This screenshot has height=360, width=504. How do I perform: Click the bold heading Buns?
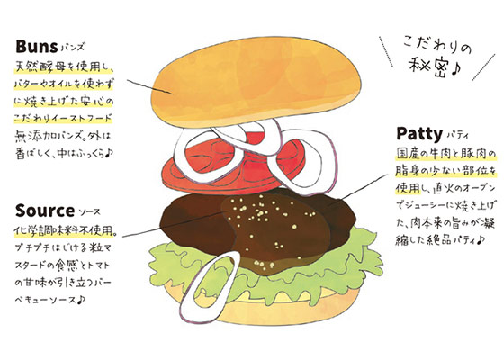37,47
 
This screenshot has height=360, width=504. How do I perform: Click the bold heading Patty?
419,133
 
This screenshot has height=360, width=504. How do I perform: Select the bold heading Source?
45,211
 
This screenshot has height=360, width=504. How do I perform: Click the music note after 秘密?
456,69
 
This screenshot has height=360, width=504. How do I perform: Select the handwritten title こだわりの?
437,47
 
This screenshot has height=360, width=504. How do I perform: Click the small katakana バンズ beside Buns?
72,49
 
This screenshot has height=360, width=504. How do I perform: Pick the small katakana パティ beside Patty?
457,135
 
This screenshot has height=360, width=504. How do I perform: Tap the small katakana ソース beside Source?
89,212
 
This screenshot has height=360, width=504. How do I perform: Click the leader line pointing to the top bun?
149,86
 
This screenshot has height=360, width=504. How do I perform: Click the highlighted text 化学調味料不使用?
64,230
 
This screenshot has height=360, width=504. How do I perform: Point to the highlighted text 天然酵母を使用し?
63,67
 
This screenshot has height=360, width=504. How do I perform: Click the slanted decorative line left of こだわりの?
386,51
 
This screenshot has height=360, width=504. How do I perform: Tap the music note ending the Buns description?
109,154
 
